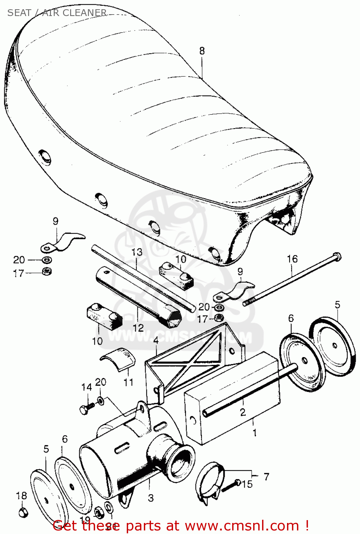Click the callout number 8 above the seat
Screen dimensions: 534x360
click(202, 51)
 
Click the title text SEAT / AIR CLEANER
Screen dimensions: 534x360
click(57, 13)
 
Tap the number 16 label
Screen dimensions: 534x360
click(292, 259)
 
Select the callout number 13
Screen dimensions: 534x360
click(137, 252)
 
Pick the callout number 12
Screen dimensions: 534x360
click(138, 328)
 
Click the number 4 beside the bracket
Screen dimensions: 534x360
click(156, 340)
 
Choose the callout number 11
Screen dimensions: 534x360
click(128, 382)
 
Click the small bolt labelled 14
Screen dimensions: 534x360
click(86, 409)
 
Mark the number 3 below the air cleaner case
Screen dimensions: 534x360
click(151, 498)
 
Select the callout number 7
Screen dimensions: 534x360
click(266, 476)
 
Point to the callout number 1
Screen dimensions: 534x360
click(254, 433)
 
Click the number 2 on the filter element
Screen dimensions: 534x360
click(242, 412)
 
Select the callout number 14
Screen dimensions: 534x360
click(87, 387)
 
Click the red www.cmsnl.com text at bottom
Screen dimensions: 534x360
click(242, 525)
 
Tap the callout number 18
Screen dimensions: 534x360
click(21, 495)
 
